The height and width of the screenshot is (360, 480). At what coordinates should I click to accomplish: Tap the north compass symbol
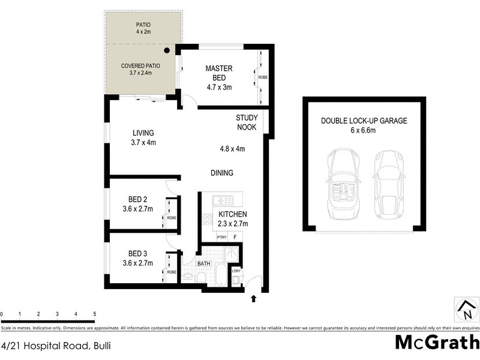coord(465,309)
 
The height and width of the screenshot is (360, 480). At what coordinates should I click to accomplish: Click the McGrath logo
coord(436,342)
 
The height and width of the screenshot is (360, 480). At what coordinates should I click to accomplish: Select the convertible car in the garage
coord(341,185)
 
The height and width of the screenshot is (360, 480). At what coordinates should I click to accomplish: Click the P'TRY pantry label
coord(221,238)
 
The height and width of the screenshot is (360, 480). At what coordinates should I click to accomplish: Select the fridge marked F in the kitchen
coord(235,238)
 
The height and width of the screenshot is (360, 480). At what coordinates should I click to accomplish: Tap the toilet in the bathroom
coord(202,277)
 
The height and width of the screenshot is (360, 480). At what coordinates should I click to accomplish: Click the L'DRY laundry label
coord(236,271)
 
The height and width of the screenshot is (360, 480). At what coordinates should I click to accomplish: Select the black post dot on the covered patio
coord(167,52)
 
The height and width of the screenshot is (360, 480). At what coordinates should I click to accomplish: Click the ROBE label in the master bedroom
coord(262,77)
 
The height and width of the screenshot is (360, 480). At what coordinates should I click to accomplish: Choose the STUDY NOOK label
coord(246,122)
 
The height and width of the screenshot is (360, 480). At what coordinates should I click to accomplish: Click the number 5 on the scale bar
coord(94,314)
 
